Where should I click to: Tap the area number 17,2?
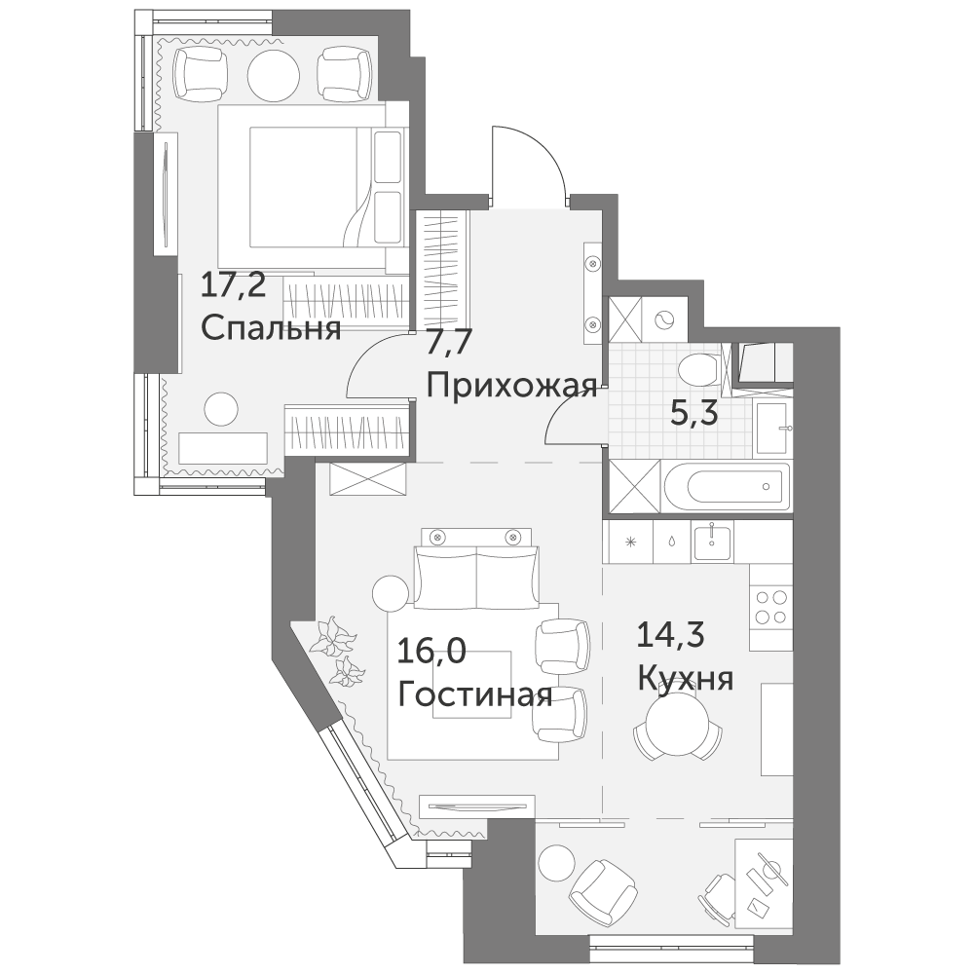tap(234, 287)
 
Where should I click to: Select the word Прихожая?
tap(512, 387)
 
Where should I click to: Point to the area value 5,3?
tap(694, 412)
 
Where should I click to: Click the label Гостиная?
tap(475, 694)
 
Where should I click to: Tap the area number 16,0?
tap(431, 653)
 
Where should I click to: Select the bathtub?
tap(727, 488)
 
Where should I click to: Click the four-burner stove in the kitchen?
tap(770, 607)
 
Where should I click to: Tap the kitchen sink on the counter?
tap(713, 541)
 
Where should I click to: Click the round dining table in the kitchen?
tap(678, 725)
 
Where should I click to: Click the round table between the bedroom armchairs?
tap(274, 73)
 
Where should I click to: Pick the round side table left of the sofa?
tap(392, 594)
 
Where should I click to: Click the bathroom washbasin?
tap(771, 428)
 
